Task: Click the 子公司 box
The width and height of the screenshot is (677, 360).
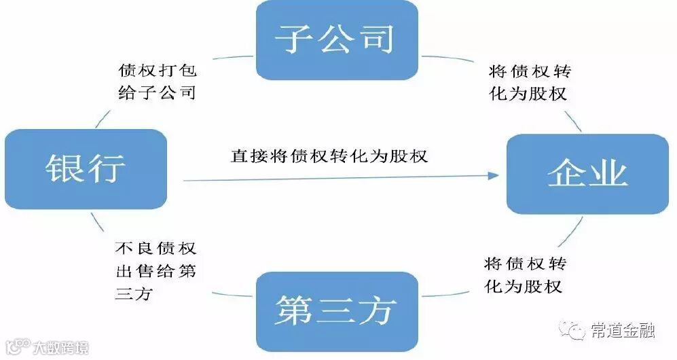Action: coord(336,39)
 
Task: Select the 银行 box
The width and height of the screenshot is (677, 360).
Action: coord(86,168)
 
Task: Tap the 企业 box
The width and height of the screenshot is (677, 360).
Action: coord(587,174)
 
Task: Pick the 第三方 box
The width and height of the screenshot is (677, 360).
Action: coord(335,311)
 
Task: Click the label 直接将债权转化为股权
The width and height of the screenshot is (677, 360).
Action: coord(329,156)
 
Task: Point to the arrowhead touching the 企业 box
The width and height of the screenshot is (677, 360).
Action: coord(494,175)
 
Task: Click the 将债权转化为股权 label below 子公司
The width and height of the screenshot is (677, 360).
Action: coord(528,83)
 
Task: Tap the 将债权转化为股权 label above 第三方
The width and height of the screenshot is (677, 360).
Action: coord(524,274)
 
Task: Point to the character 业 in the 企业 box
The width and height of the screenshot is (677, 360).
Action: coord(608,174)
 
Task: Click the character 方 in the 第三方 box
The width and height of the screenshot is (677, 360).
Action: coord(377,311)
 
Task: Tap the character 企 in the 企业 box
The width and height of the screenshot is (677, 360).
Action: coord(566,174)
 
